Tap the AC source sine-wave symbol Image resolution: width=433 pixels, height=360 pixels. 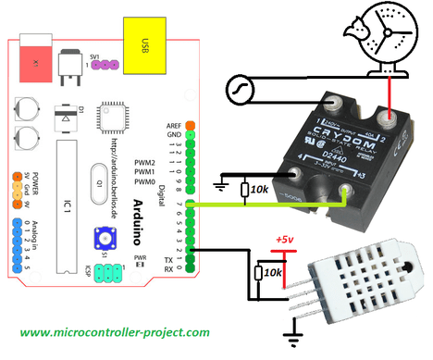click(x=239, y=91)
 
